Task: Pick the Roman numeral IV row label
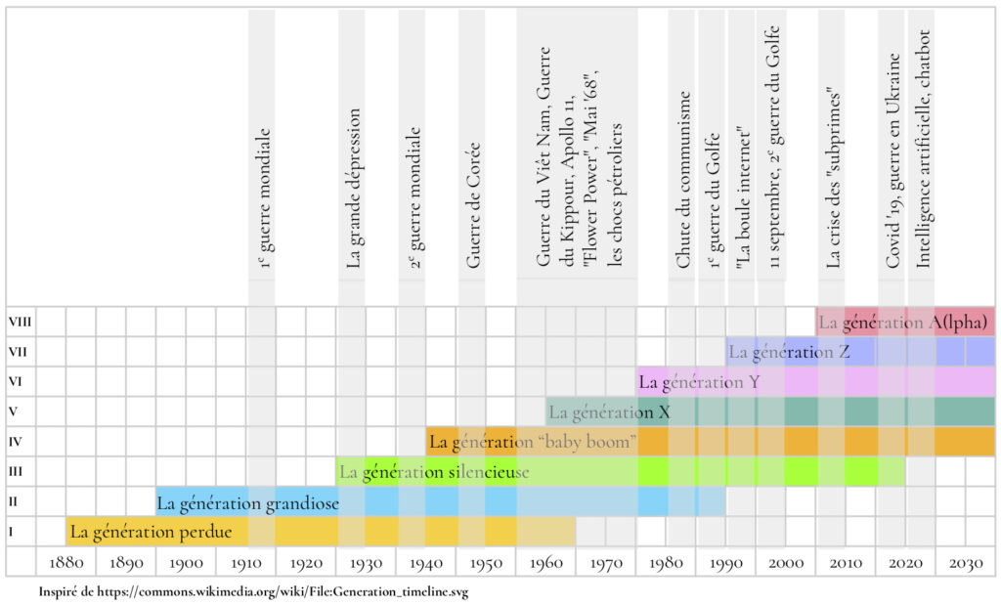pyautogui.click(x=16, y=442)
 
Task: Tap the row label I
pyautogui.click(x=12, y=532)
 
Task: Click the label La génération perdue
pyautogui.click(x=152, y=533)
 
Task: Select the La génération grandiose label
pyautogui.click(x=247, y=503)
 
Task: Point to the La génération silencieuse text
pyautogui.click(x=434, y=472)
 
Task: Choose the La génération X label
pyautogui.click(x=609, y=411)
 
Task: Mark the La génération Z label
pyautogui.click(x=790, y=351)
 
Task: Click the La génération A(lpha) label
pyautogui.click(x=902, y=321)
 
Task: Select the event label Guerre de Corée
pyautogui.click(x=473, y=205)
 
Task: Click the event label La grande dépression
pyautogui.click(x=353, y=188)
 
